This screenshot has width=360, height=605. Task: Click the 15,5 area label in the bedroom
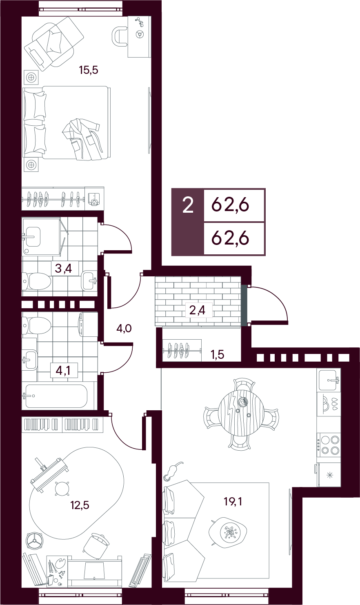click(x=88, y=70)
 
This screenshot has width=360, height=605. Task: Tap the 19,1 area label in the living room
click(x=233, y=502)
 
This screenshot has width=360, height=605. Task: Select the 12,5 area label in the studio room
click(x=80, y=505)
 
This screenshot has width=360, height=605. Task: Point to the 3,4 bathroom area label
click(x=63, y=269)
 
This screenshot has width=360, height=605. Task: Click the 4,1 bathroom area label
click(x=63, y=371)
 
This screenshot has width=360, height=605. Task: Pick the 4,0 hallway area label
click(x=124, y=329)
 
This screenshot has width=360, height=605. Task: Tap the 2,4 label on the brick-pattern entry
click(x=197, y=311)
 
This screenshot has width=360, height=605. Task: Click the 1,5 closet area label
click(x=218, y=354)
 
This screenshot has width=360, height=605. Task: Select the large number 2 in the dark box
click(x=188, y=205)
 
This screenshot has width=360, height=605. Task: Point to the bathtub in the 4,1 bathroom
click(x=56, y=396)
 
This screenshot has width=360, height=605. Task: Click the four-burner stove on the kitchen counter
click(x=329, y=445)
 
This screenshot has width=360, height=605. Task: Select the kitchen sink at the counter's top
click(x=328, y=380)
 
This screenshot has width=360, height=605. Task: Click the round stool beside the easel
click(x=62, y=489)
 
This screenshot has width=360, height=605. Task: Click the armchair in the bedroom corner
click(x=54, y=43)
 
